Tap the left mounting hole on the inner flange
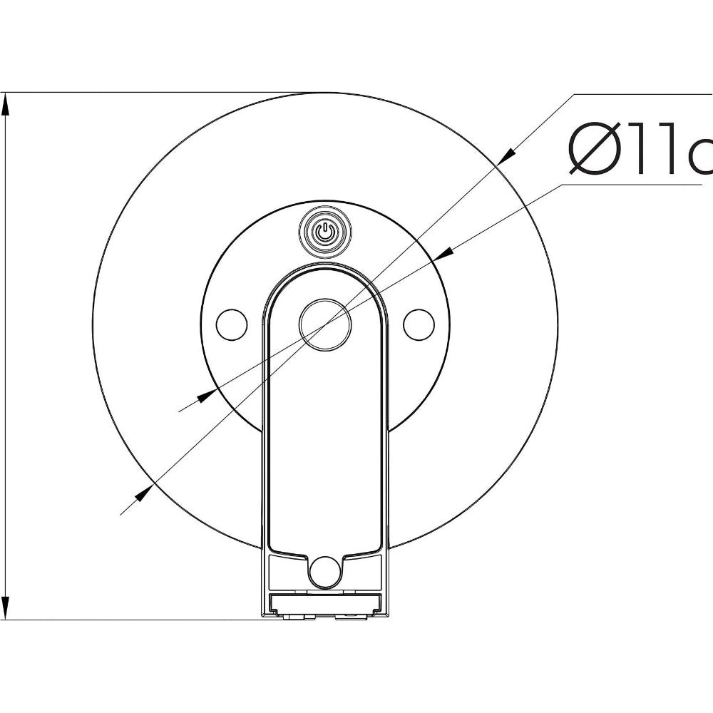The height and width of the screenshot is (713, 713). (x=231, y=324)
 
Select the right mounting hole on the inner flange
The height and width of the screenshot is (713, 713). (x=419, y=324)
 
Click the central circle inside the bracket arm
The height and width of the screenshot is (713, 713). (x=325, y=324)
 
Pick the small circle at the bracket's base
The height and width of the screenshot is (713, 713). (x=325, y=571)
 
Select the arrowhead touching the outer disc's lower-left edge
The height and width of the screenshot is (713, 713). (x=143, y=491)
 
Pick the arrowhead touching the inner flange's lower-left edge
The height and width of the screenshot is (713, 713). (x=206, y=395)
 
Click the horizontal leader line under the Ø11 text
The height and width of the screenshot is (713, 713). (x=627, y=185)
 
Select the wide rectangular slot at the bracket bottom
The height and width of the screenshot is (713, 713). (x=325, y=602)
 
